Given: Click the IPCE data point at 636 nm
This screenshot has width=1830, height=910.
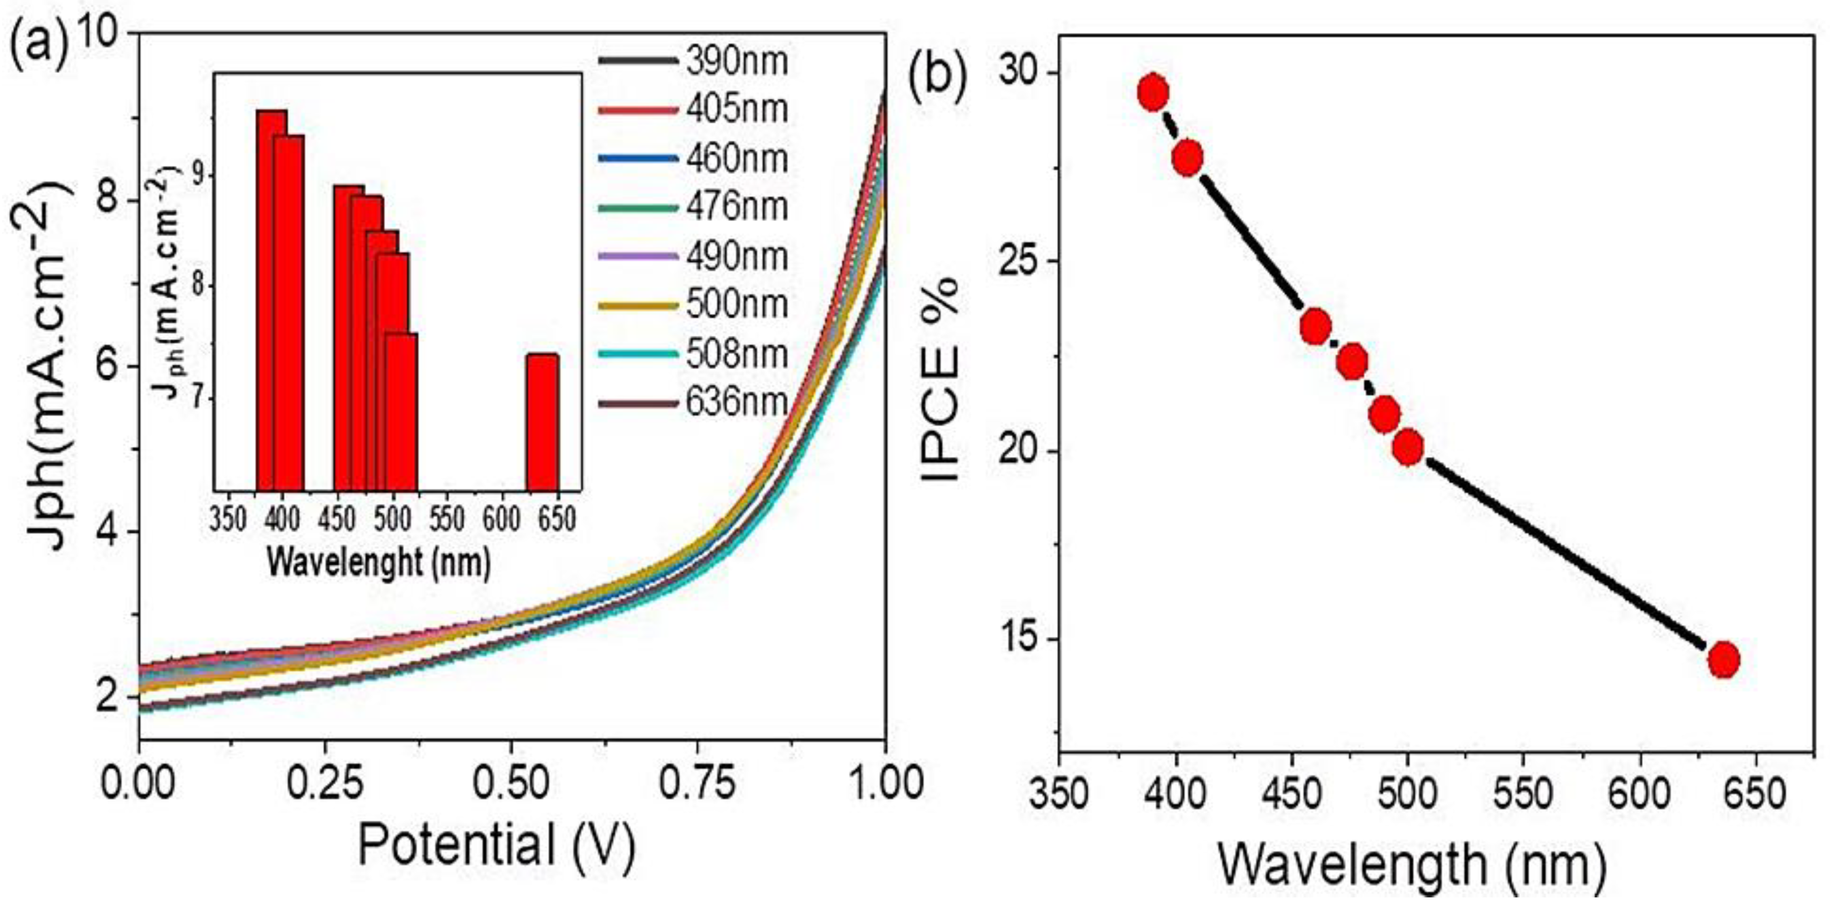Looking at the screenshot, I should (x=1724, y=660).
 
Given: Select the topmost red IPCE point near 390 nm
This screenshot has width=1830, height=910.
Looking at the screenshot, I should (x=1153, y=93).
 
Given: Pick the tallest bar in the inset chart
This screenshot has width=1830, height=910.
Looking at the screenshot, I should (x=272, y=298).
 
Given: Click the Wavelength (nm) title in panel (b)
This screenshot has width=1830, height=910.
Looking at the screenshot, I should (x=1411, y=867).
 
